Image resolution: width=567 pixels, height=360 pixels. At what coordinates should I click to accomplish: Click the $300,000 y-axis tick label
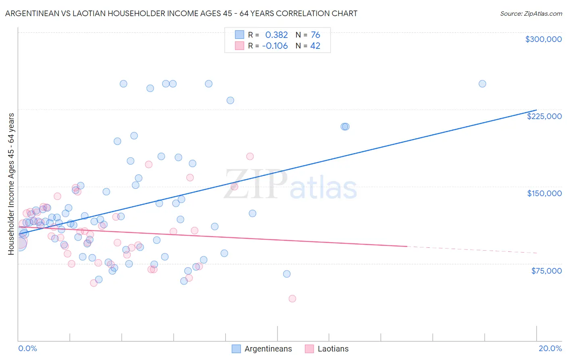point(543,39)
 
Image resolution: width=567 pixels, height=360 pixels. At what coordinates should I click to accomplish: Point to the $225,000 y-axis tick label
point(544,116)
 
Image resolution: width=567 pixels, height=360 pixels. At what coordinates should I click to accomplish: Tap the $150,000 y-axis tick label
point(544,193)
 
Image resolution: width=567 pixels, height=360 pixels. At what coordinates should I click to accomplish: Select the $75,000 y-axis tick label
point(546,271)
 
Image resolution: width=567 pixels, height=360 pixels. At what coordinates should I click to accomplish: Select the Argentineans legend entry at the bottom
point(262,349)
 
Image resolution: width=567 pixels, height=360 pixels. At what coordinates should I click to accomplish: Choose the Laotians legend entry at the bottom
point(327,349)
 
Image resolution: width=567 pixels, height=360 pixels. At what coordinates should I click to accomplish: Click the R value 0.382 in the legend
point(276,35)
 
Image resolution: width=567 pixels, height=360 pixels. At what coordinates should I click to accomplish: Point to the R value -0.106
point(275,46)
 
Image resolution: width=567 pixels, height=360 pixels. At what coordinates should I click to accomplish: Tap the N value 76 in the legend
point(315,35)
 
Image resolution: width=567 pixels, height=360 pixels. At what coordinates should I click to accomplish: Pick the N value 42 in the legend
point(315,46)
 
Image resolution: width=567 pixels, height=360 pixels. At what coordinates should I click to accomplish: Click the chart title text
point(181,13)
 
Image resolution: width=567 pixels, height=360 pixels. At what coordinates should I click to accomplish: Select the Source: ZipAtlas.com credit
point(531,13)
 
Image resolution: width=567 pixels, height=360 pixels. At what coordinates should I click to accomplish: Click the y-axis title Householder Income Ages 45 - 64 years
point(11,184)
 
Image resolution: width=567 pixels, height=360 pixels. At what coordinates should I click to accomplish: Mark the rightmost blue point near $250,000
point(482,84)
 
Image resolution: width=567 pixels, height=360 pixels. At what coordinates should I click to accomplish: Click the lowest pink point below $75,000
point(292,299)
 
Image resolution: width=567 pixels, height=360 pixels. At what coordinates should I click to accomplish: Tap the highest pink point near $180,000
point(250,157)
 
